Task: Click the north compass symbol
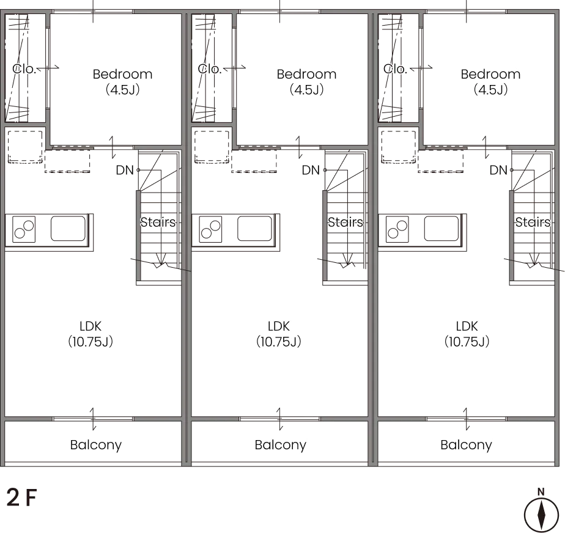[x=541, y=515]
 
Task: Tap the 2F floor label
[x=21, y=498]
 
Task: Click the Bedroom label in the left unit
[x=122, y=74]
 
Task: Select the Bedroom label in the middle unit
[x=306, y=74]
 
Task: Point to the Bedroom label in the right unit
[x=491, y=74]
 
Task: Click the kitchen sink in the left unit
[x=68, y=229]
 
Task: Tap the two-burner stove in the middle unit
[x=210, y=229]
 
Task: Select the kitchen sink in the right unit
[x=441, y=229]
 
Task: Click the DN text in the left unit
[x=125, y=170]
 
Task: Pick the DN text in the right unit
[x=498, y=170]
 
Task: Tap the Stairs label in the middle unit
[x=345, y=222]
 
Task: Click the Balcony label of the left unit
[x=96, y=445]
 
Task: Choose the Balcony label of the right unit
[x=467, y=445]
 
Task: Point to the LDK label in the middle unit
[x=279, y=326]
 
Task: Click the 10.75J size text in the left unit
[x=90, y=342]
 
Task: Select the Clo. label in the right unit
[x=395, y=68]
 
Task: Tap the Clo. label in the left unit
[x=24, y=68]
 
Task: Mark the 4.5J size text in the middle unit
[x=306, y=90]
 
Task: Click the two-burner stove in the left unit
[x=24, y=229]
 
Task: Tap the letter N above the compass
[x=541, y=492]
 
